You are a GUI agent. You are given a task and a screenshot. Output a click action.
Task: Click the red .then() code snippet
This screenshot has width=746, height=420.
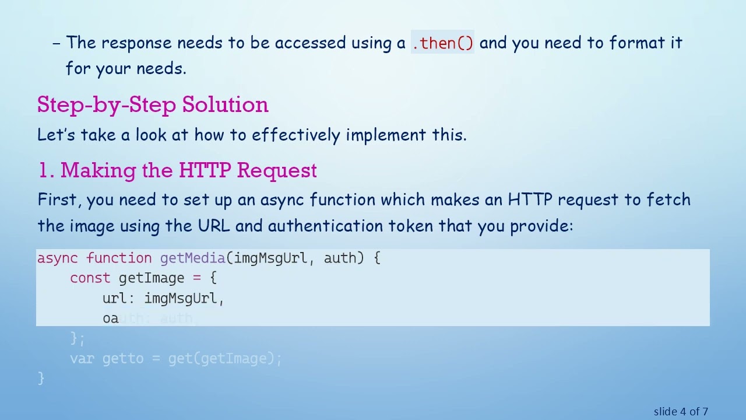coord(442,43)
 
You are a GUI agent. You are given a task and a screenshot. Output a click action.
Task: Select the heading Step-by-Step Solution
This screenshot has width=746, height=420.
coord(153,105)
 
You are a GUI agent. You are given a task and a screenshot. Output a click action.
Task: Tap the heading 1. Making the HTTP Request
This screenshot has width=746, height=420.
coord(177,170)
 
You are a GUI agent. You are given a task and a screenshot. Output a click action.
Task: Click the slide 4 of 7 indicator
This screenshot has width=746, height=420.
coord(681,412)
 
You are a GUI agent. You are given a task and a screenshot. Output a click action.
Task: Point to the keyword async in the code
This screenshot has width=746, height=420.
coord(57,258)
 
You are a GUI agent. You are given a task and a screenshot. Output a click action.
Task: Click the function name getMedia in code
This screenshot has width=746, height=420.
coord(192,258)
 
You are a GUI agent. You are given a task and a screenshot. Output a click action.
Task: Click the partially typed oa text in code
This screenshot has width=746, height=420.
coord(110,318)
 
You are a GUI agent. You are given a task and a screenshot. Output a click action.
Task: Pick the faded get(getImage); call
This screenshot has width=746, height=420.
coord(224,359)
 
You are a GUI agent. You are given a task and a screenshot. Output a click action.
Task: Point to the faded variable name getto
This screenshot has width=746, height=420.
coord(122,359)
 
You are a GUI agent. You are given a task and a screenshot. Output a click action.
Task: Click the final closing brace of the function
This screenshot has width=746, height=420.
coord(41,379)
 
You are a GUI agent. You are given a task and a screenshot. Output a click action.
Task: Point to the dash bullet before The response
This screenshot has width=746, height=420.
coord(57,43)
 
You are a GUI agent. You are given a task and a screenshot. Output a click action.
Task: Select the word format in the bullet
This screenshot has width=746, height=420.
coord(636,43)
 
